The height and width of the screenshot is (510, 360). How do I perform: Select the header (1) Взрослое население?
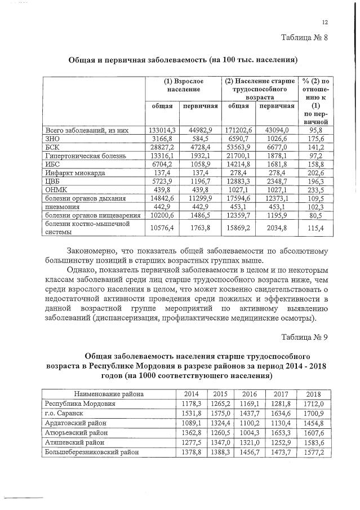coord(183,85)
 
